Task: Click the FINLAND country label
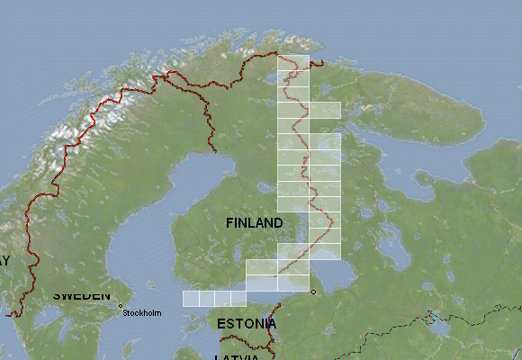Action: pyautogui.click(x=255, y=222)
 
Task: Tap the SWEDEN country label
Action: pyautogui.click(x=81, y=295)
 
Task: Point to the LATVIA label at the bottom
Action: pyautogui.click(x=237, y=356)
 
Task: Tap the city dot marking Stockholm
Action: pyautogui.click(x=120, y=306)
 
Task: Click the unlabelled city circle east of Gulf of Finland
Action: pyautogui.click(x=313, y=292)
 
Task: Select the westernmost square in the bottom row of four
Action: pyautogui.click(x=191, y=299)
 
